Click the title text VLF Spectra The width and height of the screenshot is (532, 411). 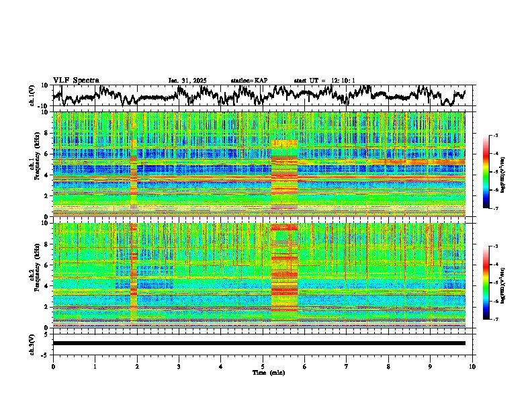pyautogui.click(x=76, y=80)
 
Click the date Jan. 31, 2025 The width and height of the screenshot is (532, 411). pyautogui.click(x=187, y=81)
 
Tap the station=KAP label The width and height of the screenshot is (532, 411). pyautogui.click(x=249, y=81)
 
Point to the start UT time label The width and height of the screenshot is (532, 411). pyautogui.click(x=324, y=81)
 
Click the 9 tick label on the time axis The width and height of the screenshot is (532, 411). pyautogui.click(x=431, y=366)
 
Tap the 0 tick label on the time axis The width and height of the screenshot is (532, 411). pyautogui.click(x=53, y=366)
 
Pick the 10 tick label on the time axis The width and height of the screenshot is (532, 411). pyautogui.click(x=472, y=366)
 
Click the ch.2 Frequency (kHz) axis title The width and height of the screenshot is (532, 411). pyautogui.click(x=35, y=275)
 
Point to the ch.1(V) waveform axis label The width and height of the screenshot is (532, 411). pyautogui.click(x=32, y=95)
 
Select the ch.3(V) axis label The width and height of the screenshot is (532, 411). pyautogui.click(x=32, y=343)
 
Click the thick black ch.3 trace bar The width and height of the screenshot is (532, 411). pyautogui.click(x=259, y=343)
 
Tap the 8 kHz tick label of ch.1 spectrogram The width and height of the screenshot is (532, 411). pyautogui.click(x=46, y=133)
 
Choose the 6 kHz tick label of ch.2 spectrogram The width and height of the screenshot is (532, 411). pyautogui.click(x=46, y=265)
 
